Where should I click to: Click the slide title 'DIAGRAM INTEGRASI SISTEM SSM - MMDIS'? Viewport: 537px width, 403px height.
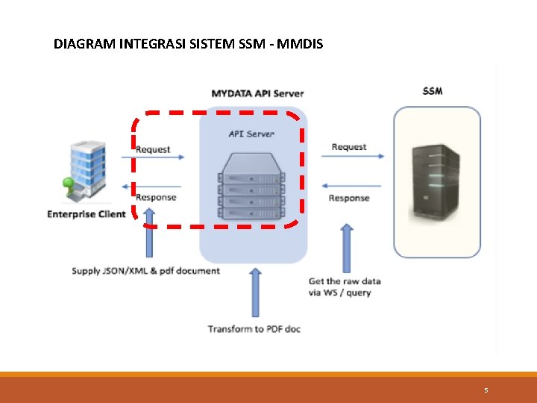click(x=188, y=44)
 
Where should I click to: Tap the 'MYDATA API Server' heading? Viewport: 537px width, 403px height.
click(x=257, y=93)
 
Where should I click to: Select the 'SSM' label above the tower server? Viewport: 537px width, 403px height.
click(x=432, y=91)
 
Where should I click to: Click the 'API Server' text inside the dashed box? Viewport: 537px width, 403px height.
click(x=251, y=134)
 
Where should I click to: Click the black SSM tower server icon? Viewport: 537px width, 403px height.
click(x=436, y=181)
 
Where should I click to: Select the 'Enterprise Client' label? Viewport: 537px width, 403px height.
click(x=87, y=215)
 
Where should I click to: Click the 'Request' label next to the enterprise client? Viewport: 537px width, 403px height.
click(x=153, y=149)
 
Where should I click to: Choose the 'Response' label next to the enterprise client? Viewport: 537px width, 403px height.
click(x=156, y=197)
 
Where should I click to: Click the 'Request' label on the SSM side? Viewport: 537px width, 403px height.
click(x=349, y=147)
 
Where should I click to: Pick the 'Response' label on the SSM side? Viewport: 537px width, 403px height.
click(x=349, y=198)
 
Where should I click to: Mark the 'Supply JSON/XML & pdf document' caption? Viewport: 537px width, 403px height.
click(x=145, y=270)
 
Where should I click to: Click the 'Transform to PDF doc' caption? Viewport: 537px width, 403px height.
click(x=254, y=328)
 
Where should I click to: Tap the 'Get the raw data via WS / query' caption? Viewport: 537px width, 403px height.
click(x=345, y=287)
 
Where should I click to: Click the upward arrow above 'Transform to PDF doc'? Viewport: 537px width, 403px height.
click(x=255, y=293)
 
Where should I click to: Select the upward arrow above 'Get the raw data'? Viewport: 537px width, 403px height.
click(x=346, y=249)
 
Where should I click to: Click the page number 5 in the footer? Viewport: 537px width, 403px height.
click(x=486, y=390)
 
